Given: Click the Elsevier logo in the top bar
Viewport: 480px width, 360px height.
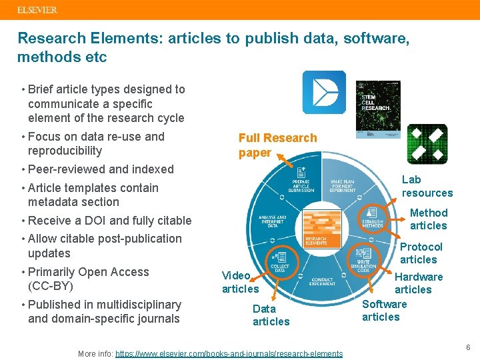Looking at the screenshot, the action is (37, 10).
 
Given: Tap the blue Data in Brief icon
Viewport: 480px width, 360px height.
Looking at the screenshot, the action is (324, 92).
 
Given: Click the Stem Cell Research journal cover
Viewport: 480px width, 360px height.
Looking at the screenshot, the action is (378, 106).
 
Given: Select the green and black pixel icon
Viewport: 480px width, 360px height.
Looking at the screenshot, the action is (427, 143).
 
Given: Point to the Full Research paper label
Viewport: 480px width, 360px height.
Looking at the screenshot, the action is (277, 145).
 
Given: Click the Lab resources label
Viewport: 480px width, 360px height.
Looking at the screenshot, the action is (427, 186).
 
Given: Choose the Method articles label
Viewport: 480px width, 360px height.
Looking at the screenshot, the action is (428, 219).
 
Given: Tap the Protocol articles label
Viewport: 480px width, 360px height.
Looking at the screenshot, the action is (419, 253).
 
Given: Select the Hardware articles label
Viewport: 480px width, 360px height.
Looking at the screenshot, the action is (418, 283).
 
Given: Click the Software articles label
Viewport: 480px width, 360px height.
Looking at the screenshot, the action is (383, 310).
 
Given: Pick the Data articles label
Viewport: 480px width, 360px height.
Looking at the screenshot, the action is (271, 315).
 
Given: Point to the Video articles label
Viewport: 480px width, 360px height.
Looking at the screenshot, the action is (240, 282).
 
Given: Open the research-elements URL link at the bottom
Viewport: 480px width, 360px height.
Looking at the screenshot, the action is (229, 353).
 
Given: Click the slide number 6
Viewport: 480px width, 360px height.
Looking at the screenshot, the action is (468, 347).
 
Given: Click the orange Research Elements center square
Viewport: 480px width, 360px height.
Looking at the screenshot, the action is (322, 230).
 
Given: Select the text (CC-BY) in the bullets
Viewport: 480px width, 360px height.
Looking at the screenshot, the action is (50, 286).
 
